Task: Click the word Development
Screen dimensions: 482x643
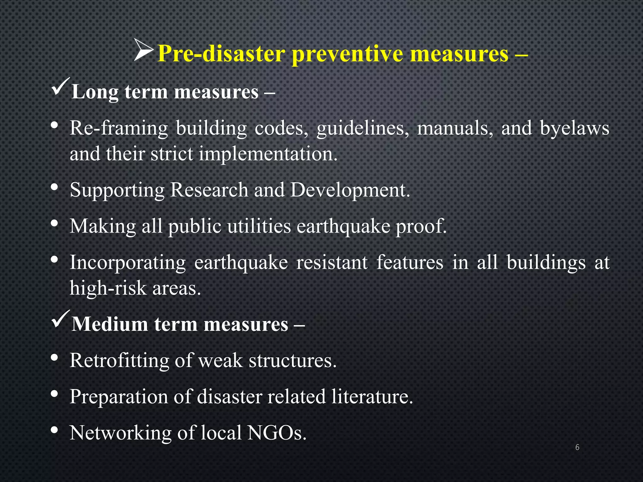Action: click(350, 190)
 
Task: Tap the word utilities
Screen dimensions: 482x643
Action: click(259, 226)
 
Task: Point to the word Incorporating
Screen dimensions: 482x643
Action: click(127, 263)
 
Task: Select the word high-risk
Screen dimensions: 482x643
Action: click(108, 288)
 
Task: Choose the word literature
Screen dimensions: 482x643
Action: click(372, 396)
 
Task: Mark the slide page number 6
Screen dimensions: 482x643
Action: click(577, 447)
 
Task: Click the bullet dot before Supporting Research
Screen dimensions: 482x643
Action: click(54, 187)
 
